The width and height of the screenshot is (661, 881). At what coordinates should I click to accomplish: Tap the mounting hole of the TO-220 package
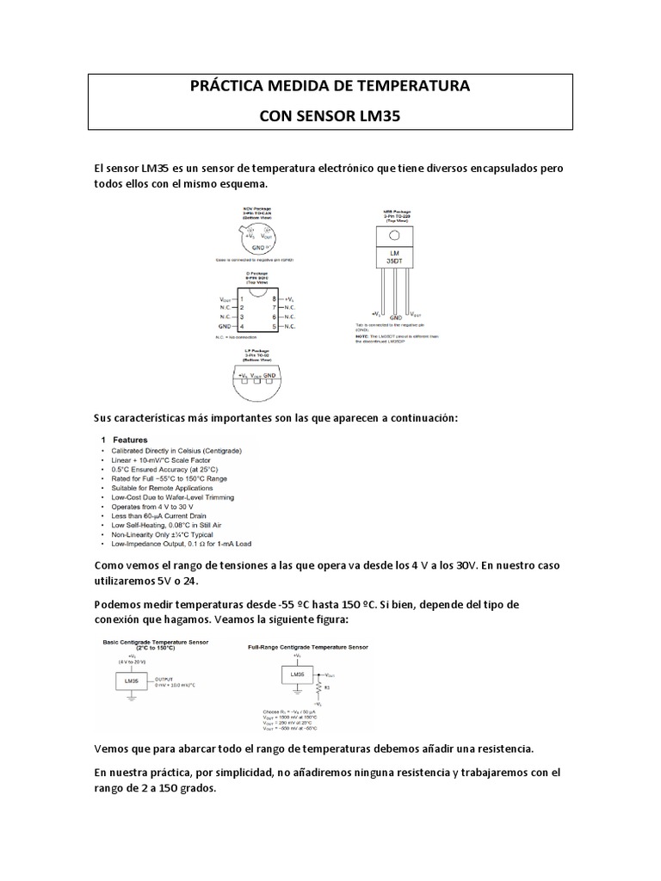pos(394,236)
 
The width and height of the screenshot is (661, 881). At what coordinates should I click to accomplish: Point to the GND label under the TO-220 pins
pos(395,317)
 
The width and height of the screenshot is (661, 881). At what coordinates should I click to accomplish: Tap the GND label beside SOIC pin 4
pos(225,327)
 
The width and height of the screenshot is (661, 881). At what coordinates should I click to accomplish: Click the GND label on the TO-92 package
pos(269,376)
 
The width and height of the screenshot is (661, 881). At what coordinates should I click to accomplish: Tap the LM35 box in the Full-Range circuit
pos(296,675)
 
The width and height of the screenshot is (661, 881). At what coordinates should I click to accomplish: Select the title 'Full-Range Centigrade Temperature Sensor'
pos(307,646)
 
